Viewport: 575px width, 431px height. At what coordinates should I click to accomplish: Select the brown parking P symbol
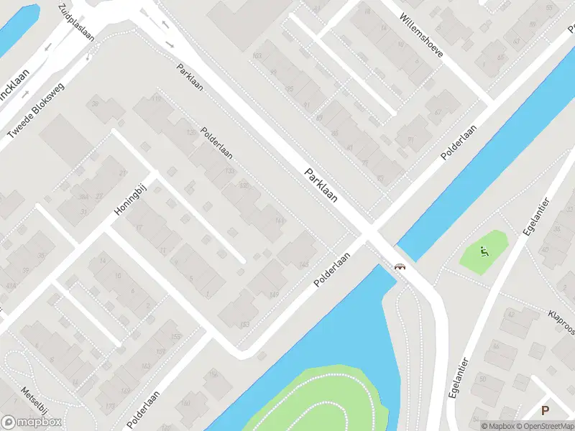click(x=545, y=411)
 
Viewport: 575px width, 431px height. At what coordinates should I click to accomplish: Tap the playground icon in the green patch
click(x=484, y=251)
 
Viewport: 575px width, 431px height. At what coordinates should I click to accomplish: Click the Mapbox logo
click(x=32, y=422)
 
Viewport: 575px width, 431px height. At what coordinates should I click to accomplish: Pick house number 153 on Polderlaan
click(x=245, y=325)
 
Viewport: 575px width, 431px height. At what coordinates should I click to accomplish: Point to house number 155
click(x=175, y=335)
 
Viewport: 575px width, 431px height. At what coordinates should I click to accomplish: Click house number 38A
click(x=84, y=197)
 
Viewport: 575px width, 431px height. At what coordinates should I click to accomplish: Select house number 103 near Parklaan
click(x=257, y=55)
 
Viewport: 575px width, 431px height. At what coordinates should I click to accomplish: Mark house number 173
click(x=110, y=407)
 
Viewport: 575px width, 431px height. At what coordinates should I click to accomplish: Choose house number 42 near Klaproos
click(x=511, y=314)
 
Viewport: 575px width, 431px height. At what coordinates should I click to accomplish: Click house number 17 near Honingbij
click(x=139, y=228)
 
